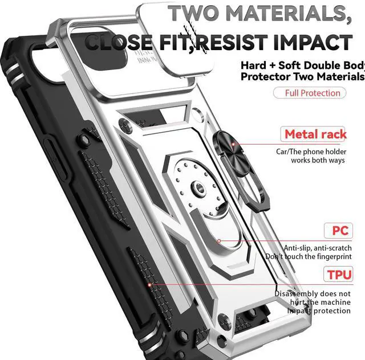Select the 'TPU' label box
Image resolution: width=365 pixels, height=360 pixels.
click(339, 275)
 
